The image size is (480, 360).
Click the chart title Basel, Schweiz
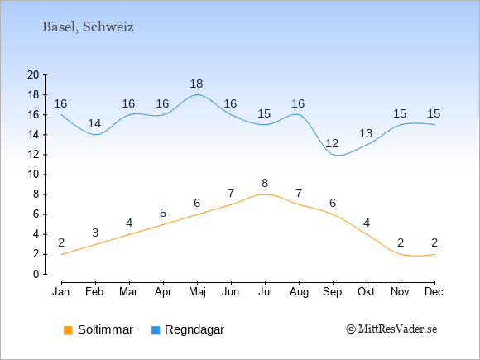(x=88, y=27)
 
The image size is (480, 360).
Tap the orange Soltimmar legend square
(x=68, y=330)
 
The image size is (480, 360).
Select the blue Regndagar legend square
(x=156, y=330)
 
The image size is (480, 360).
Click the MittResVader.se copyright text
(x=391, y=329)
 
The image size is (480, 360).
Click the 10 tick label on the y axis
(x=33, y=175)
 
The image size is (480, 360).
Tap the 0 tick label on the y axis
(x=36, y=274)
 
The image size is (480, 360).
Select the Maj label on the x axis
(x=197, y=292)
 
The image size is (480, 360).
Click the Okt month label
(x=366, y=292)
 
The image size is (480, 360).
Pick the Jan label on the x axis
(x=61, y=292)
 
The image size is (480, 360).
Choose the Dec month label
(x=434, y=292)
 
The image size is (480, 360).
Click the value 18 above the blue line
(x=196, y=84)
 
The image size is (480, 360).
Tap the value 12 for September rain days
(x=332, y=143)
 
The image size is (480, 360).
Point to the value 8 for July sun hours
(x=265, y=184)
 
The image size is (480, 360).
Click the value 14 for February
(x=94, y=123)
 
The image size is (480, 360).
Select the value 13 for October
(x=366, y=133)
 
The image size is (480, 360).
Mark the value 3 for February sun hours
(x=95, y=233)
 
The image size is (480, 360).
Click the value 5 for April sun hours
(x=163, y=213)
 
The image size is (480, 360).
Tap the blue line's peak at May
(x=197, y=94)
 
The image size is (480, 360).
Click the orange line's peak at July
(x=265, y=194)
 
